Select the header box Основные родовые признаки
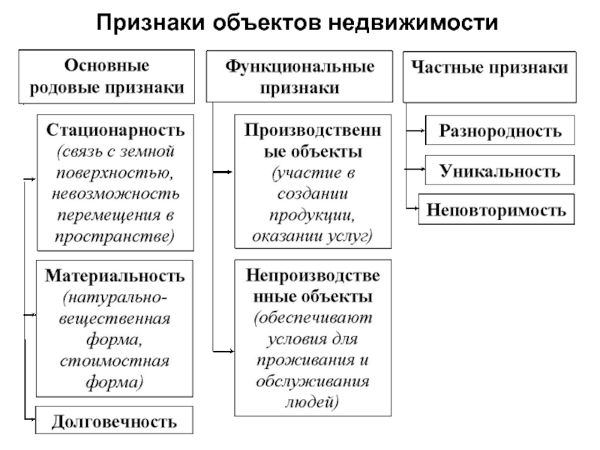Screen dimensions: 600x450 [x=106, y=76]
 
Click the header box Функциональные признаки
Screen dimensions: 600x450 [x=299, y=76]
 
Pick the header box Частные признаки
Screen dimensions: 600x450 [x=490, y=77]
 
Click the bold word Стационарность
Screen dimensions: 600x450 [x=115, y=130]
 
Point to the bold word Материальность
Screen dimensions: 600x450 [x=115, y=275]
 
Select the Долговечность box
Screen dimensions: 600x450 [x=115, y=420]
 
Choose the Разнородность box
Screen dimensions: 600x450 [x=500, y=130]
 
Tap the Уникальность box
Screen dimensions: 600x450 [x=500, y=170]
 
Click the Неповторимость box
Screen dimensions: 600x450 [x=496, y=209]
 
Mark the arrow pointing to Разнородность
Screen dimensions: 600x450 [x=415, y=130]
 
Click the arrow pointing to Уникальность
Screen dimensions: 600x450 [x=415, y=168]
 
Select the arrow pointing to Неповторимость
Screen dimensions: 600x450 [x=412, y=208]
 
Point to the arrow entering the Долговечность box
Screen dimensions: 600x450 [x=30, y=419]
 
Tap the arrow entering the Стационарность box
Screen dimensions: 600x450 [x=30, y=178]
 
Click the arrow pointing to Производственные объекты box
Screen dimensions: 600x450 [x=223, y=172]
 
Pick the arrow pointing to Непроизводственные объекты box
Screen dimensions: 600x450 [x=223, y=351]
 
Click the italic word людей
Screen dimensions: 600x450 [x=311, y=402]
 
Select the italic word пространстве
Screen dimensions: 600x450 [x=115, y=236]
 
